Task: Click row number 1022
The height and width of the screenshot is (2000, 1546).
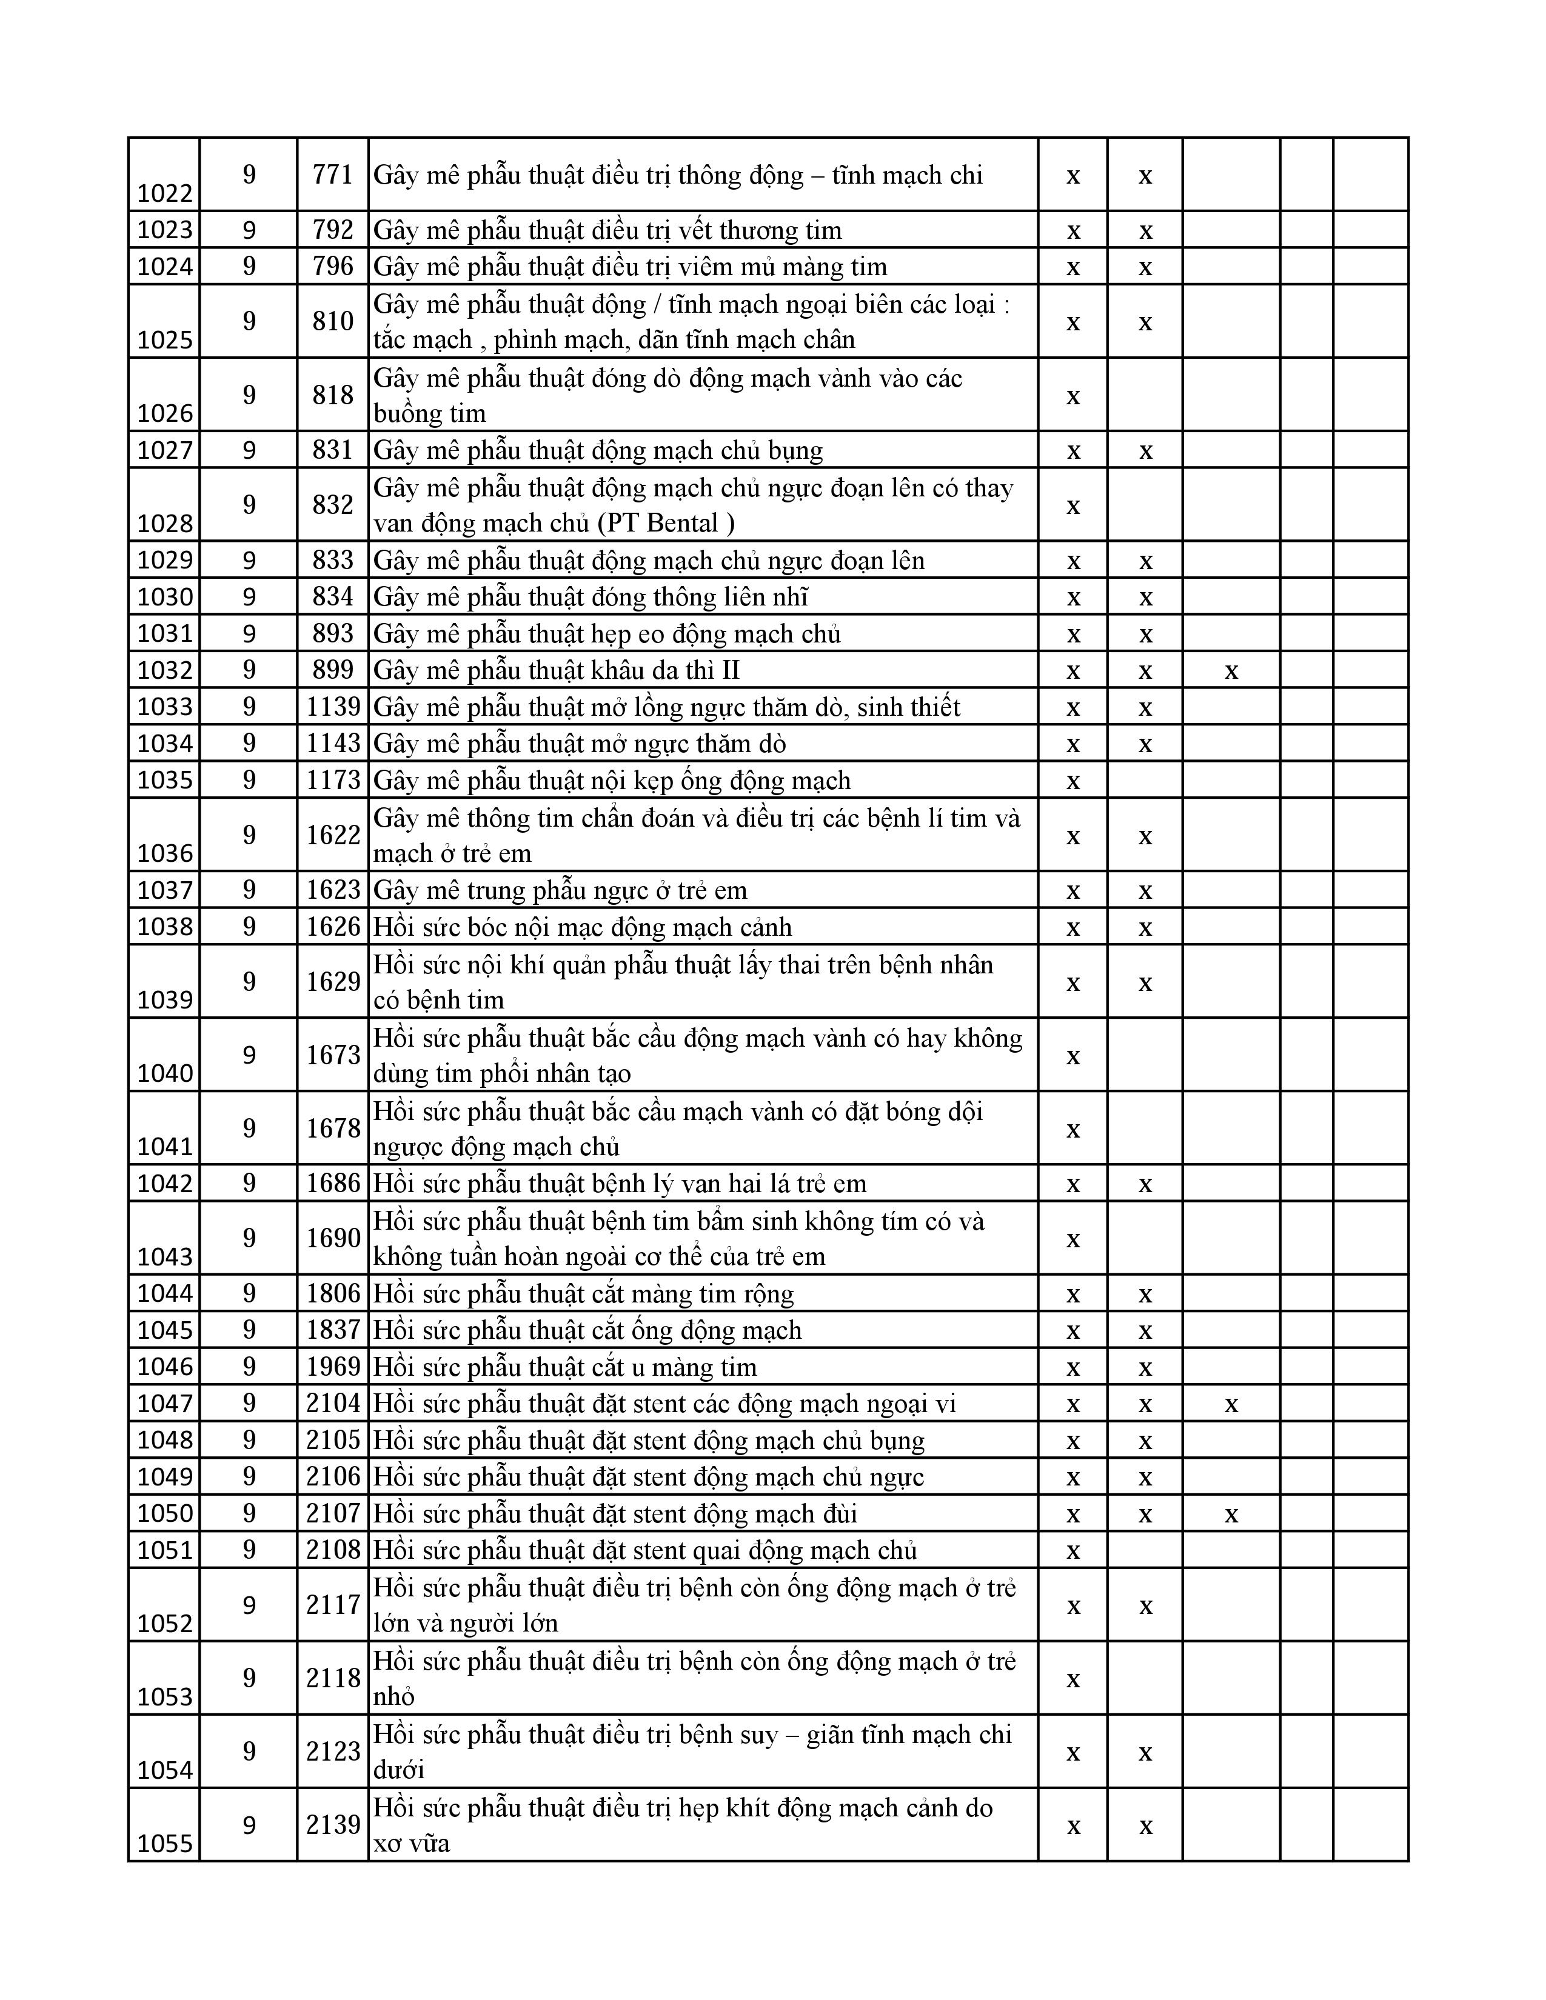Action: tap(165, 193)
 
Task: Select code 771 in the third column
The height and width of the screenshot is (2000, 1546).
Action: tap(332, 174)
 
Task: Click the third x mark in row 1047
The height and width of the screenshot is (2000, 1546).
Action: tap(1231, 1404)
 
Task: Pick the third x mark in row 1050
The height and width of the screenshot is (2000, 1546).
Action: tap(1231, 1514)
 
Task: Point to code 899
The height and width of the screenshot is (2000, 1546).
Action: tap(332, 670)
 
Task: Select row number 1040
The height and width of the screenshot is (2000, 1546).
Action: tap(165, 1073)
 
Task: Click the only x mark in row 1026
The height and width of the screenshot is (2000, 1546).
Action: tap(1073, 396)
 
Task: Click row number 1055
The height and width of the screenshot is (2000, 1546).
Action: tap(165, 1844)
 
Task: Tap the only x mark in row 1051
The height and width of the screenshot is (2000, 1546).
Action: tap(1073, 1550)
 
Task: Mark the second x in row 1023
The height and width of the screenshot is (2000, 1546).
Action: tap(1145, 231)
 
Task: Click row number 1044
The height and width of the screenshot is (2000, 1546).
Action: tap(165, 1293)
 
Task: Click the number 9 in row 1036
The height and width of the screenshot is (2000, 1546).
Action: tap(249, 835)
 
